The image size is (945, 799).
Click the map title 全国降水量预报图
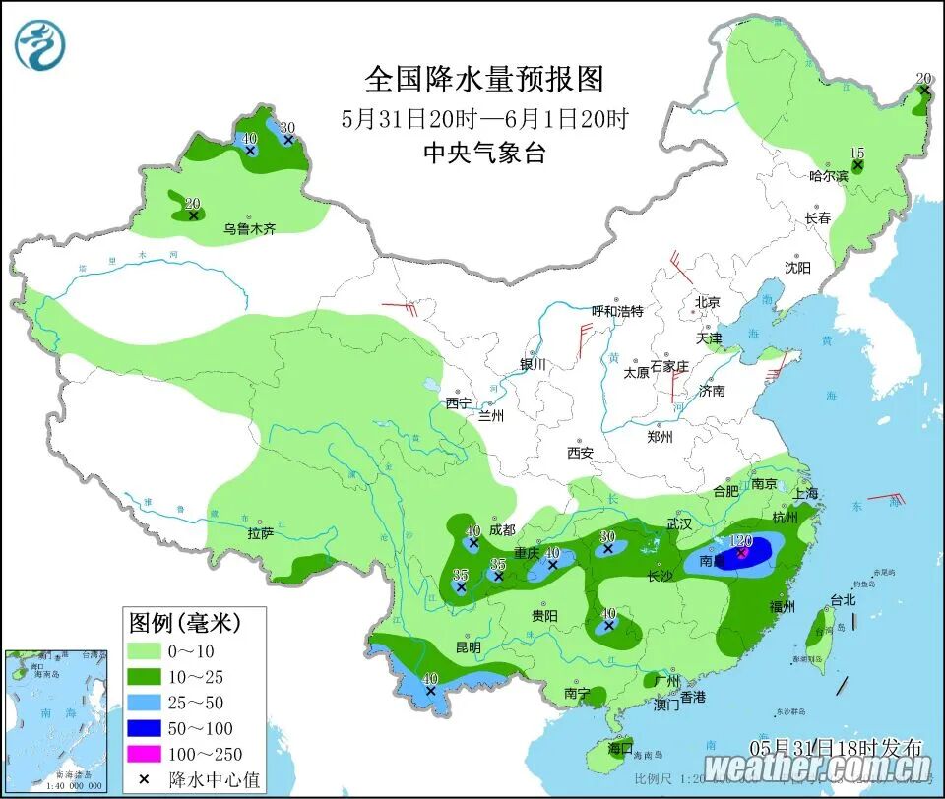coord(483,79)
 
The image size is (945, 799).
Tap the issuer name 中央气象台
coord(483,154)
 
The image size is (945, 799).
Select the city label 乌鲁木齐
coord(249,228)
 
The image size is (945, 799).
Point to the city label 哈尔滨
coord(827,176)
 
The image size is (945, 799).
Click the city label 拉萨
coord(260,533)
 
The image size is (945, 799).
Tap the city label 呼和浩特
coord(616,311)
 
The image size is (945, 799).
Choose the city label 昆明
coord(468,647)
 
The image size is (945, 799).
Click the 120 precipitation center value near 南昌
coord(741,540)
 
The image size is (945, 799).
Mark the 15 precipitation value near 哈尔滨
coord(856,153)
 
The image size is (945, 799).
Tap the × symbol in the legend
coord(146,779)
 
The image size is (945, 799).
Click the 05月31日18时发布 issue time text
coord(836,746)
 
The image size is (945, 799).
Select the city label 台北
coord(843,599)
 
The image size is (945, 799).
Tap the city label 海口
coord(619,748)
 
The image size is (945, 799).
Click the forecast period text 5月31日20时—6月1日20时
coord(483,119)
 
